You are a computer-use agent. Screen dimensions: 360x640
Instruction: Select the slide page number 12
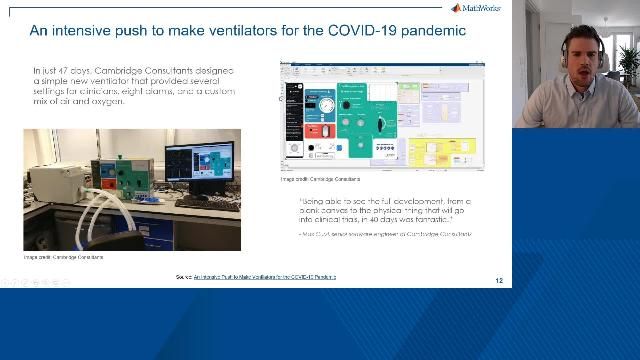point(499,280)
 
